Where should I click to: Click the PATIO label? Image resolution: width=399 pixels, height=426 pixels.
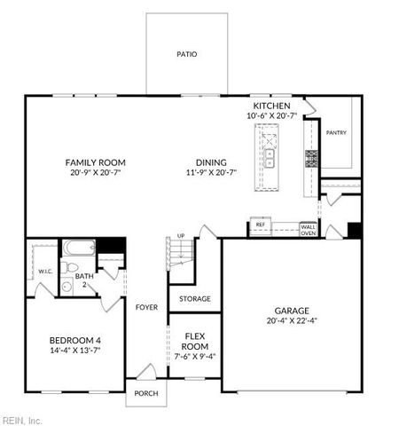(x=186, y=54)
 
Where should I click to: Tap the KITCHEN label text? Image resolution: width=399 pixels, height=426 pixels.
(x=271, y=106)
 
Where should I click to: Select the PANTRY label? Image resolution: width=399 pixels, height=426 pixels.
(x=336, y=133)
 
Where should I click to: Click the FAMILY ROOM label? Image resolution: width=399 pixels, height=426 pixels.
(x=95, y=162)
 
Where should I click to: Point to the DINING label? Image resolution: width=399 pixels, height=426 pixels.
(x=212, y=162)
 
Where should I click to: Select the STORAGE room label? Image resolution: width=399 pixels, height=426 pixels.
(x=194, y=299)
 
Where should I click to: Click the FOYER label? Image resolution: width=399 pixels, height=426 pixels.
(x=146, y=307)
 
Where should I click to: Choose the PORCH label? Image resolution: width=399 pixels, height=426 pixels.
(x=145, y=393)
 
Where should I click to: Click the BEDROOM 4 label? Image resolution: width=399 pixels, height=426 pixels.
(x=74, y=340)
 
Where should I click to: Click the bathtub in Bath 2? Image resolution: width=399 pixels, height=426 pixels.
(x=77, y=248)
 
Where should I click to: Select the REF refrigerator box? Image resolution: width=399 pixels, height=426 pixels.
(x=260, y=225)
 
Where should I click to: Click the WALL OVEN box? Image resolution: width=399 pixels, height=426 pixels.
(x=308, y=228)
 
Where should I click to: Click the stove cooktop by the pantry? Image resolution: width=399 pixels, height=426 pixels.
(x=312, y=159)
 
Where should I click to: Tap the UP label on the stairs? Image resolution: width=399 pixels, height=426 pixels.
(x=182, y=235)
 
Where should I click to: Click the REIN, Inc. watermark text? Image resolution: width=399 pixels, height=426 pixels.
(x=21, y=420)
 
